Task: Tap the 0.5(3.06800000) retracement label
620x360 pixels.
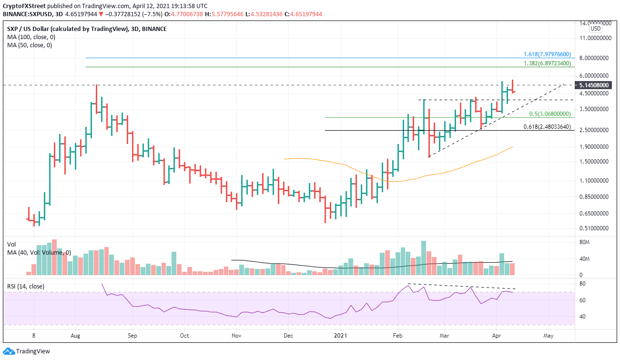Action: [x=549, y=114]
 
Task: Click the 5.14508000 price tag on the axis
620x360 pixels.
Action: [x=594, y=85]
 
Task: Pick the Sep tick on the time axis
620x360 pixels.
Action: [x=132, y=335]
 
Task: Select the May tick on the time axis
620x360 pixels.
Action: [x=548, y=335]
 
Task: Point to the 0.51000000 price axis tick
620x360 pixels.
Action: [x=594, y=228]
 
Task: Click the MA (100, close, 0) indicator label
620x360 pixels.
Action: [x=30, y=37]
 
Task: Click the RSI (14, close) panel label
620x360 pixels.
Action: [x=26, y=286]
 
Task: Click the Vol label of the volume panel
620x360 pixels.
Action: [x=11, y=244]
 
